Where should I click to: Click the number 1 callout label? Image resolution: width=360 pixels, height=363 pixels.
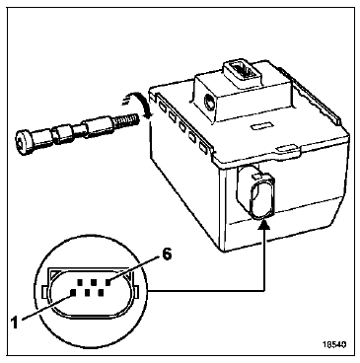14,323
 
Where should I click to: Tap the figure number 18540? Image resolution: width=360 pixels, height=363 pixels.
334,344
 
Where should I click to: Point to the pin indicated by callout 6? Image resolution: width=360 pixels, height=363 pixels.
108,282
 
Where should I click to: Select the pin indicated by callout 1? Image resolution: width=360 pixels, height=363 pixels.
73,292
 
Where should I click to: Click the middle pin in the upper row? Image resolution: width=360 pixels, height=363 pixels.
94,282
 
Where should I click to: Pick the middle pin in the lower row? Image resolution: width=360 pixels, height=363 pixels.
87,292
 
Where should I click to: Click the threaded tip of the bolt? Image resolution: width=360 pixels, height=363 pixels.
126,120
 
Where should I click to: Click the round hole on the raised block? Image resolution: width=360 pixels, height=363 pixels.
208,102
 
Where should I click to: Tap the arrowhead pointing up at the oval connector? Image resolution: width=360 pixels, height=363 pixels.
265,225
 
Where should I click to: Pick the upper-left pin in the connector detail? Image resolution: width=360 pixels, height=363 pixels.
80,282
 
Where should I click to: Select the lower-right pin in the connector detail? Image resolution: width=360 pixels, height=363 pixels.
101,292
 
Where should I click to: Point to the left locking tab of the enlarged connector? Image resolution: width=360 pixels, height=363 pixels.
44,291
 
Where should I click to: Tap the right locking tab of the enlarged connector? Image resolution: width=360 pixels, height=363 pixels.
136,290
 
